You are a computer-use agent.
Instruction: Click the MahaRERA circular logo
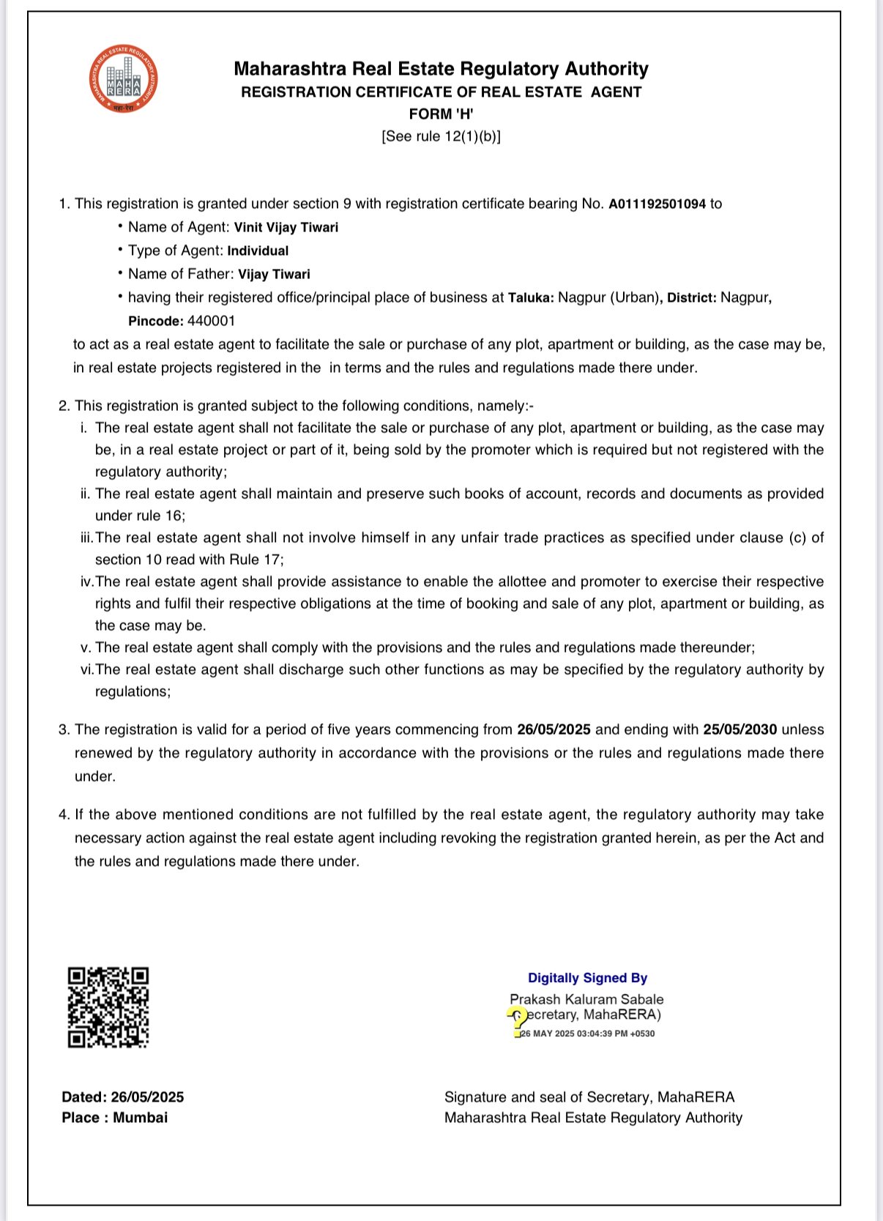point(123,80)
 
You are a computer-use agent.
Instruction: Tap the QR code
point(108,1007)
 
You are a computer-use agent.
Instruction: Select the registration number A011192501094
point(657,204)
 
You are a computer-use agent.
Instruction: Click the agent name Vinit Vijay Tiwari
point(286,228)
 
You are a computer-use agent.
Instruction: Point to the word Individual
point(258,251)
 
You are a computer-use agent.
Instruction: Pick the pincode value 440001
point(212,321)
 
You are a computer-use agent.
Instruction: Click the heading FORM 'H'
point(441,114)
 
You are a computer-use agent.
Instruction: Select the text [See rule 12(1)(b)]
point(441,137)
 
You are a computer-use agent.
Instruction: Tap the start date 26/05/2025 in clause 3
point(554,730)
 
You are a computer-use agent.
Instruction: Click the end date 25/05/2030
point(739,730)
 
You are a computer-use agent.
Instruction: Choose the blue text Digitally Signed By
point(587,978)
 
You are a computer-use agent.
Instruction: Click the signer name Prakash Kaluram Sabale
point(586,999)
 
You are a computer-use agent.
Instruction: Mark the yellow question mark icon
point(518,1020)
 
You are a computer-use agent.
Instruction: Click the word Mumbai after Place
point(141,1118)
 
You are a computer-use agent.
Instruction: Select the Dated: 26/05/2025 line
point(123,1097)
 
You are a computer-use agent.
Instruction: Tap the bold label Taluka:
point(531,298)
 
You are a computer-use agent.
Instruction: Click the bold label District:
point(692,298)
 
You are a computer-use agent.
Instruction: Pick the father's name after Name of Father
point(274,275)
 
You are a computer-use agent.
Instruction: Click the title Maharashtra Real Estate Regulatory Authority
point(441,69)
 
